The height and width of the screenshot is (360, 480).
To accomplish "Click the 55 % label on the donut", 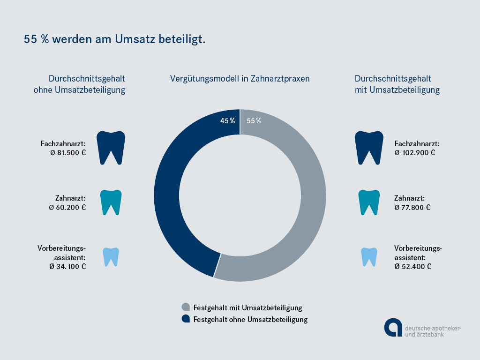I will click(x=254, y=121).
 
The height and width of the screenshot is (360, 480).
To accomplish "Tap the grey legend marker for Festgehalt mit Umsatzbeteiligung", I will click(x=186, y=307).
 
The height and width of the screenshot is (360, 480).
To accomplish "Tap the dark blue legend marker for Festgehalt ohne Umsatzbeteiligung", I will click(x=186, y=319).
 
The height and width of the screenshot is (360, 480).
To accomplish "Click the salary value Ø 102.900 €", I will click(x=415, y=152).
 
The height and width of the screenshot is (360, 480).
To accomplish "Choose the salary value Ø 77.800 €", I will click(x=412, y=207).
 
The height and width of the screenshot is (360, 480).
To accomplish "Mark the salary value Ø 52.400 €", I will click(x=413, y=266).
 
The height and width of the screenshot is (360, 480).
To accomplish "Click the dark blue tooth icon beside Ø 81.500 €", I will click(x=111, y=147).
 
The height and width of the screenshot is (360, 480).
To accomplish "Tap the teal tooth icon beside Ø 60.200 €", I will click(x=111, y=202).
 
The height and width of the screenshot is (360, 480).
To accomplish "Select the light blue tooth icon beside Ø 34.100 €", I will click(x=111, y=256).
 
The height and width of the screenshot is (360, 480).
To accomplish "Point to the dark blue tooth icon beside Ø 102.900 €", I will click(x=369, y=147).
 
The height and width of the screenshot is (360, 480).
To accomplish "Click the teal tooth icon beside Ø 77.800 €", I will click(x=369, y=202).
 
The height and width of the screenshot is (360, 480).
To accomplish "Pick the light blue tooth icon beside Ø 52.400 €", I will click(x=369, y=256).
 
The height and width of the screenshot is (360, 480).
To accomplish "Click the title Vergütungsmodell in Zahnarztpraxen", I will click(x=240, y=79).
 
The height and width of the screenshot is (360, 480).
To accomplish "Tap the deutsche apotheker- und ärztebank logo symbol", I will click(x=393, y=327).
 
